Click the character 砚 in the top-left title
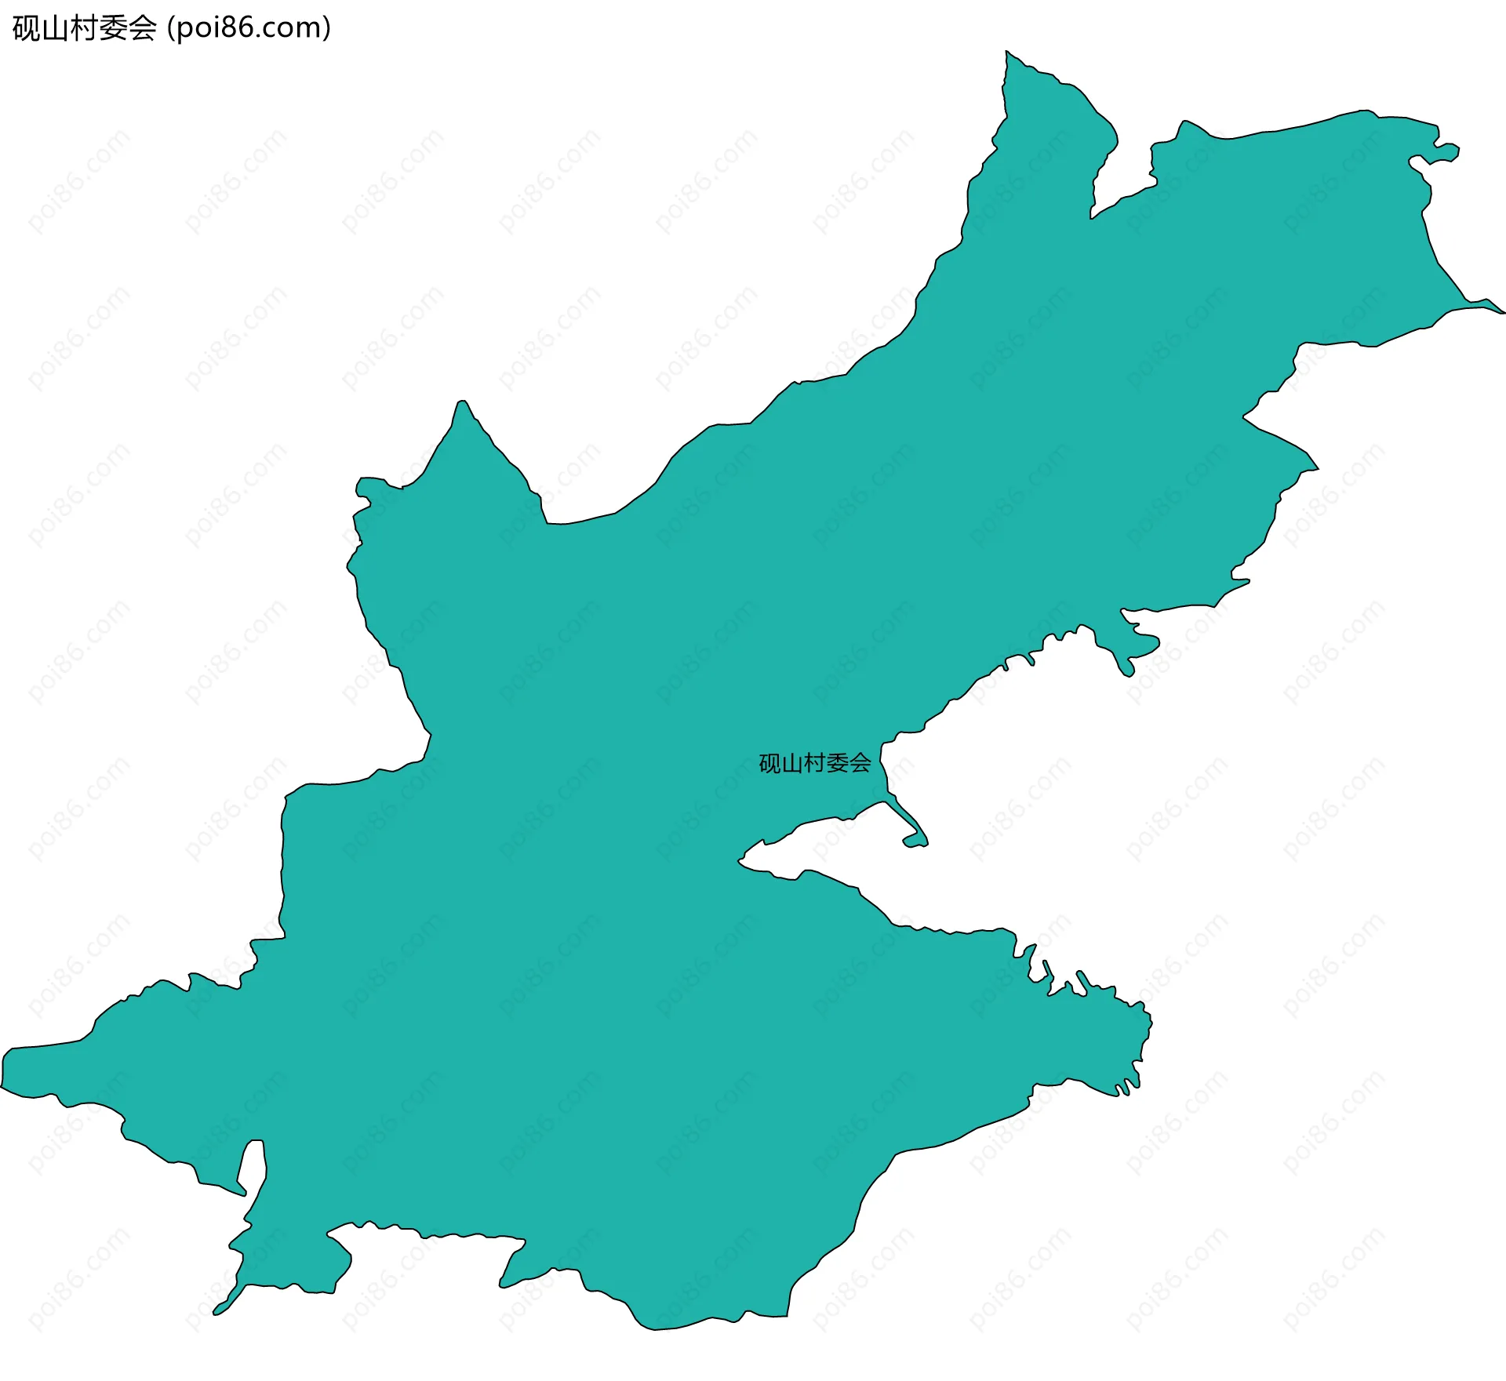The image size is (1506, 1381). (x=26, y=28)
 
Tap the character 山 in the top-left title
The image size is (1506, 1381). (x=54, y=28)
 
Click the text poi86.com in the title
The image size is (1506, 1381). (x=249, y=28)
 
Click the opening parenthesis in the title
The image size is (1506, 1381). (x=170, y=28)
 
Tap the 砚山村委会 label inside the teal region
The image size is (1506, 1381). (x=815, y=763)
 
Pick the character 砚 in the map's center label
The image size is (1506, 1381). (x=769, y=763)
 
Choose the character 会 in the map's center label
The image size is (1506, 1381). (x=860, y=763)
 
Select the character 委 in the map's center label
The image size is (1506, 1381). (x=838, y=763)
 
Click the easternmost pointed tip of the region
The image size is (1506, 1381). (x=1501, y=311)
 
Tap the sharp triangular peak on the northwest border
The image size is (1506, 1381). (x=463, y=404)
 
